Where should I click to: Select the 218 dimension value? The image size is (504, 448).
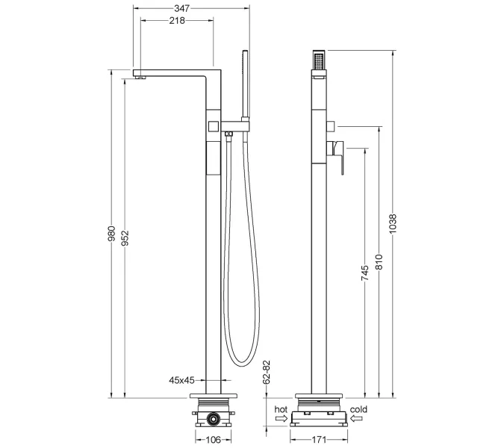[176, 21]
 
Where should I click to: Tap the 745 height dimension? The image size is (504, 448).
[364, 273]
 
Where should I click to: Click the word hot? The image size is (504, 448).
[281, 409]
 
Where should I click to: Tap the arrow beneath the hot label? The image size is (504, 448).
[281, 420]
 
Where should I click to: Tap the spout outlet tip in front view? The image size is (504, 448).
[139, 75]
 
